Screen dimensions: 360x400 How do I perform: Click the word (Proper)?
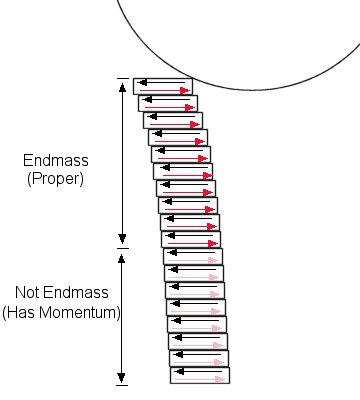tap(55, 179)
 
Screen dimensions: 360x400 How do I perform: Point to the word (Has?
tap(20, 313)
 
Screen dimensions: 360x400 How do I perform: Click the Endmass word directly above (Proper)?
tap(56, 160)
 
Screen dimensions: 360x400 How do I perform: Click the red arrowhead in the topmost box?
tap(185, 90)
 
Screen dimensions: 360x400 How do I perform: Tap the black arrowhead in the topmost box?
tap(142, 82)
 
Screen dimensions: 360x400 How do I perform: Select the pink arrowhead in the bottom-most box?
tap(219, 379)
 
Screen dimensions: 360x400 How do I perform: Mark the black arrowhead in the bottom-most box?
tap(179, 371)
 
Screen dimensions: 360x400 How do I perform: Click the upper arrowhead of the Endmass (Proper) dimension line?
tap(123, 88)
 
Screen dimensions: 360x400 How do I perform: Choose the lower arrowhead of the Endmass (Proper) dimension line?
tap(122, 239)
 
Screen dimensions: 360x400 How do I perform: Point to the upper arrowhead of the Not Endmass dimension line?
tap(122, 258)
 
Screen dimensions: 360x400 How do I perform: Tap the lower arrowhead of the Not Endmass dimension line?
tap(122, 378)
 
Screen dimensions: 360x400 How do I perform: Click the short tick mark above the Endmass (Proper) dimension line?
tap(123, 78)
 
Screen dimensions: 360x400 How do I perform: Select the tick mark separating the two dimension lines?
tap(122, 248)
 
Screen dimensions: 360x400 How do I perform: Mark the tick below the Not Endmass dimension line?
tap(122, 385)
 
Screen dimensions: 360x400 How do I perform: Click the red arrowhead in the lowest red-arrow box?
tap(213, 244)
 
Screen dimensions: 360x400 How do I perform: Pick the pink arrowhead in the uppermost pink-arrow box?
tap(213, 260)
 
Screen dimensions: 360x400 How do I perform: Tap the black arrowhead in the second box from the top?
tap(147, 99)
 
